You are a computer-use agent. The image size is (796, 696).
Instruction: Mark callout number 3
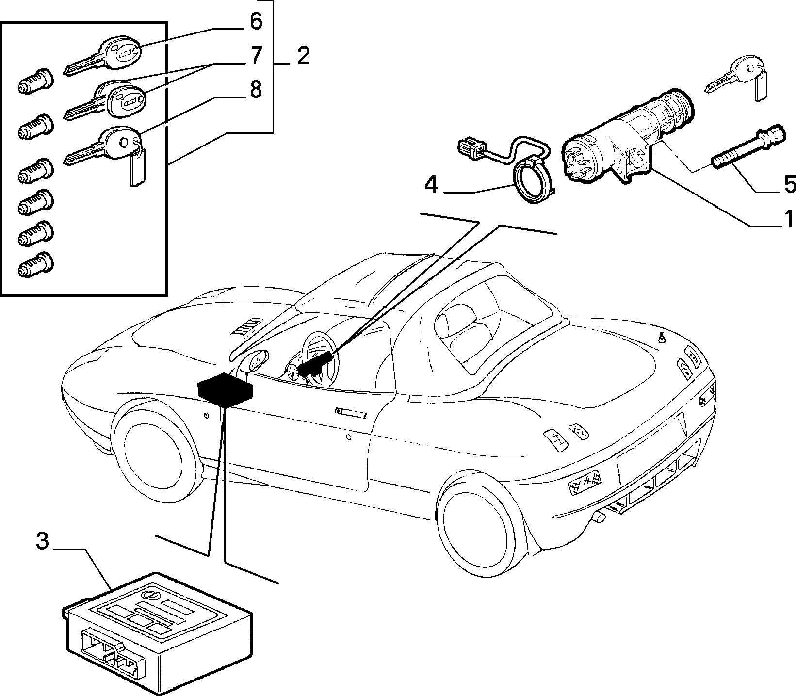(43, 541)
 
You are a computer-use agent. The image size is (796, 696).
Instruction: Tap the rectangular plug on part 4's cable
(471, 146)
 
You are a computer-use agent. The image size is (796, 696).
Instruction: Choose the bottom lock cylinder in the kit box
(35, 265)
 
